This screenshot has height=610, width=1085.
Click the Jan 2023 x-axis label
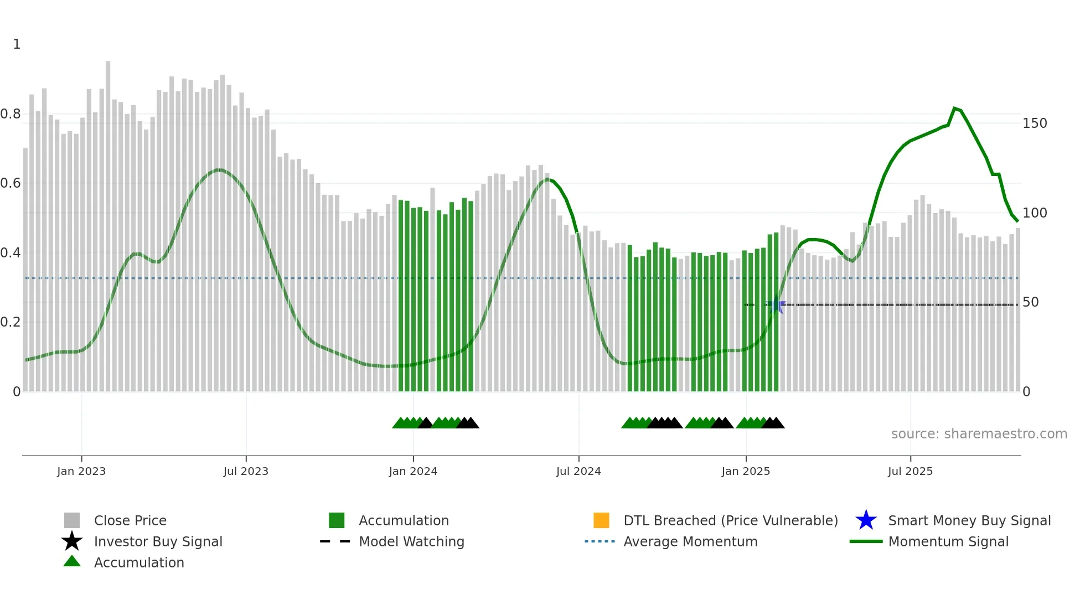coord(81,471)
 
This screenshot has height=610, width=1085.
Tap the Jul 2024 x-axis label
coord(578,471)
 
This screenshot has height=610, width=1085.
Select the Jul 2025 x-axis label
coord(910,471)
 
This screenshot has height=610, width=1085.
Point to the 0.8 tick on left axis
coord(11,114)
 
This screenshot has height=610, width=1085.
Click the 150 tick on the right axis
coord(1035,123)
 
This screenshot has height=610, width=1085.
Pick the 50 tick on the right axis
coord(1030,302)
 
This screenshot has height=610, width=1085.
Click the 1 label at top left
coord(17,44)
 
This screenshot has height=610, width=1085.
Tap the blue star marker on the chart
coord(776,305)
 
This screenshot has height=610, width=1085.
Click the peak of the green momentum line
coord(954,108)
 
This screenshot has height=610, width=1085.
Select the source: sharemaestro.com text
coord(979,434)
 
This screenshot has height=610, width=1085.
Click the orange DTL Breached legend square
coord(601,520)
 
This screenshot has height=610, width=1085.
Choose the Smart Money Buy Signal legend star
coord(866,520)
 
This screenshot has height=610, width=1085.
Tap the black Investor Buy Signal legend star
coord(72,541)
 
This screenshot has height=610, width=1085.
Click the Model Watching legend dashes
coord(335,541)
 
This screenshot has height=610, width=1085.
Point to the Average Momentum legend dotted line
coord(600,541)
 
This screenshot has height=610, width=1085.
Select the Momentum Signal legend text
coord(948,541)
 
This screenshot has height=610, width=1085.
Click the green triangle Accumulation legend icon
coord(72,562)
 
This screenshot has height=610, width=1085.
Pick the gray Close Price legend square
coord(72,520)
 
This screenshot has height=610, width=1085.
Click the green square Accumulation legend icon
coord(337,520)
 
